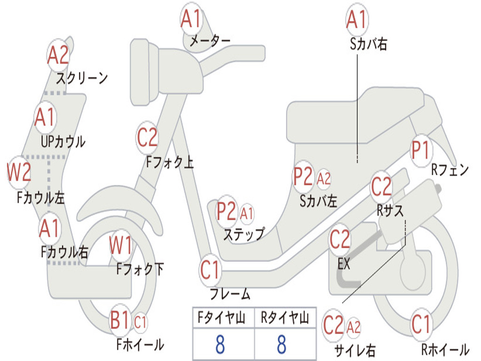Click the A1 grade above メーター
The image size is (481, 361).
pyautogui.click(x=191, y=20)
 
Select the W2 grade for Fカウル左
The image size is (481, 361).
pyautogui.click(x=19, y=173)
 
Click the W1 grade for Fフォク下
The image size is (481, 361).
pyautogui.click(x=121, y=245)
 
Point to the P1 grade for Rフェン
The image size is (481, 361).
pyautogui.click(x=421, y=151)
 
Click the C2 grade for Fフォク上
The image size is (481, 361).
pyautogui.click(x=147, y=138)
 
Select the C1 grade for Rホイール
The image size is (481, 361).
pyautogui.click(x=421, y=325)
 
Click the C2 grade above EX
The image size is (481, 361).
pyautogui.click(x=340, y=240)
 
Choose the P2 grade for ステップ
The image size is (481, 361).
pyautogui.click(x=226, y=212)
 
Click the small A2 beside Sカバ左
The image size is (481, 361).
pyautogui.click(x=324, y=179)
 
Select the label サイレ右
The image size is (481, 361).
pyautogui.click(x=355, y=350)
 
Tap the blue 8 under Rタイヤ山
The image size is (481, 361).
pyautogui.click(x=281, y=344)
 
